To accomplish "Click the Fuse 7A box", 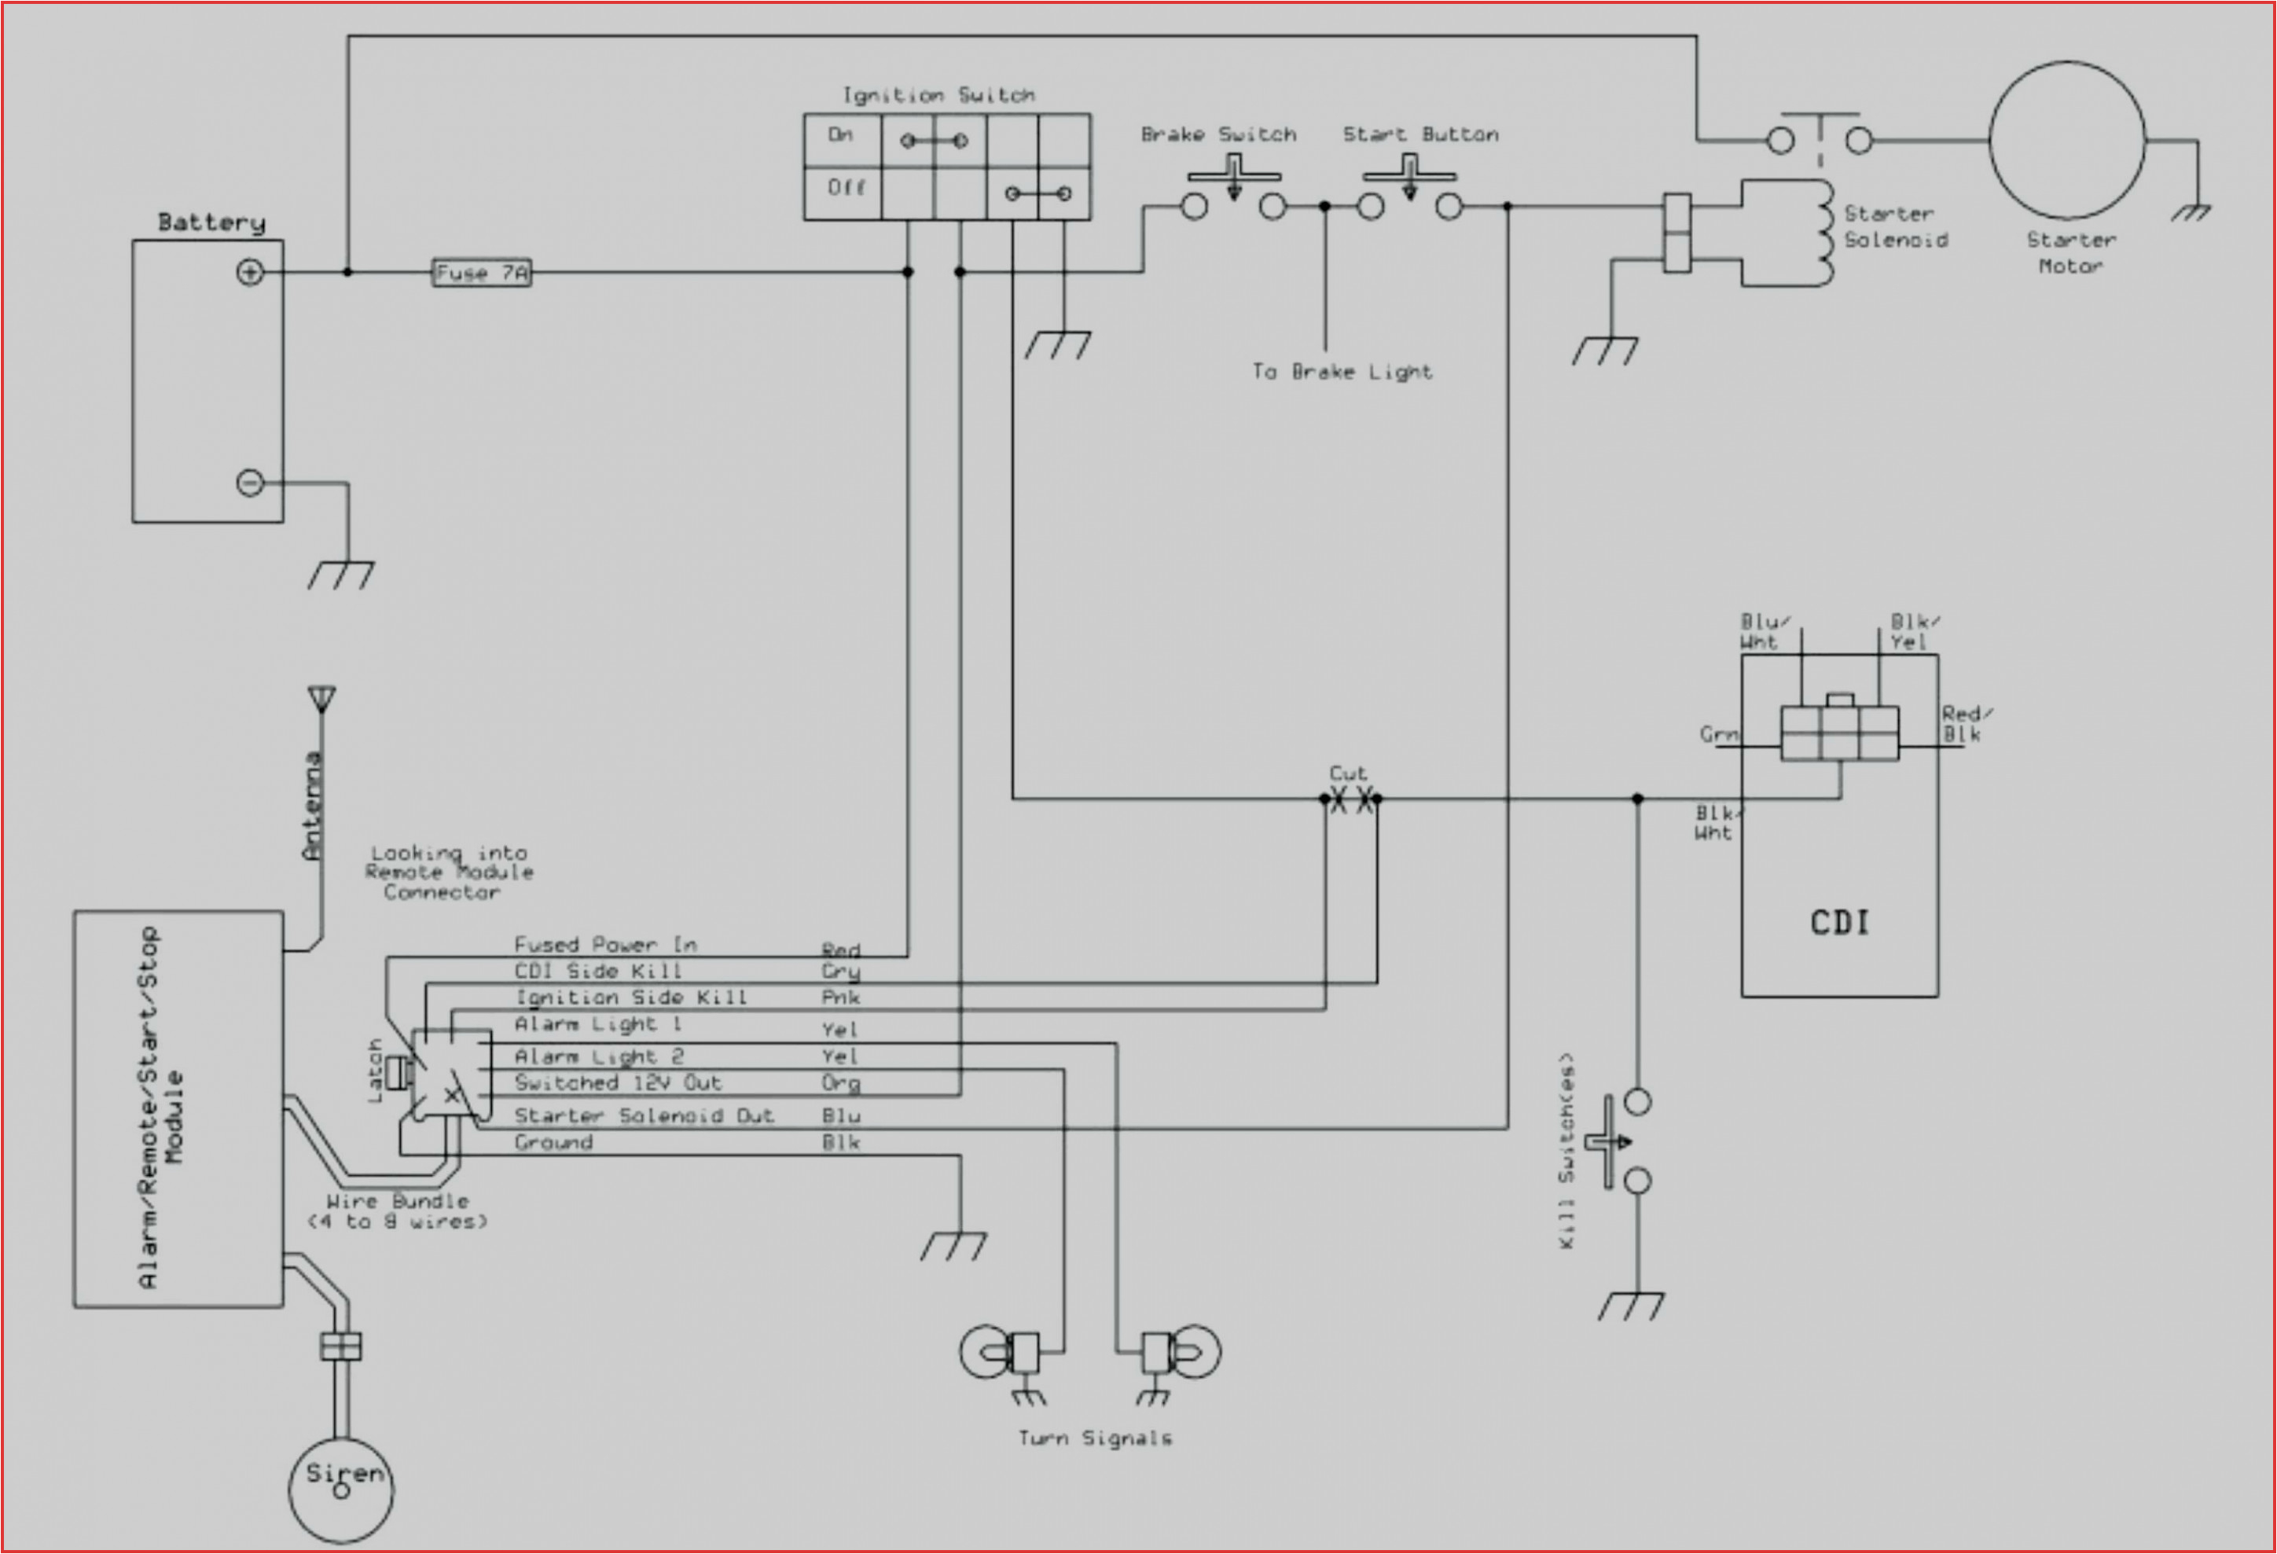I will [481, 273].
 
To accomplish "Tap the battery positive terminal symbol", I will [250, 273].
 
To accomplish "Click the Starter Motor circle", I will [2067, 140].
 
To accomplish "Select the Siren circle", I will [341, 1490].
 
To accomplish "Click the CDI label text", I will [1839, 922].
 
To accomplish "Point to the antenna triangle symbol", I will [321, 699].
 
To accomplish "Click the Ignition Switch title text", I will [938, 95].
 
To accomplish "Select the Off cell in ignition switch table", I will [843, 187].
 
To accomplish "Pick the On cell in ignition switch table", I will [841, 135].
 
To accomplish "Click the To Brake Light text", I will [1342, 371].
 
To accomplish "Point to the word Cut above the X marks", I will [1347, 773].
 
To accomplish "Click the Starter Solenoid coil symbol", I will [1823, 234].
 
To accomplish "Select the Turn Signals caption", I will [1094, 1438].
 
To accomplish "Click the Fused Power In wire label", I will [605, 945].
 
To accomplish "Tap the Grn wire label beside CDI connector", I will [1718, 734].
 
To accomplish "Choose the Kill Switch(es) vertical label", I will [1566, 1152].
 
